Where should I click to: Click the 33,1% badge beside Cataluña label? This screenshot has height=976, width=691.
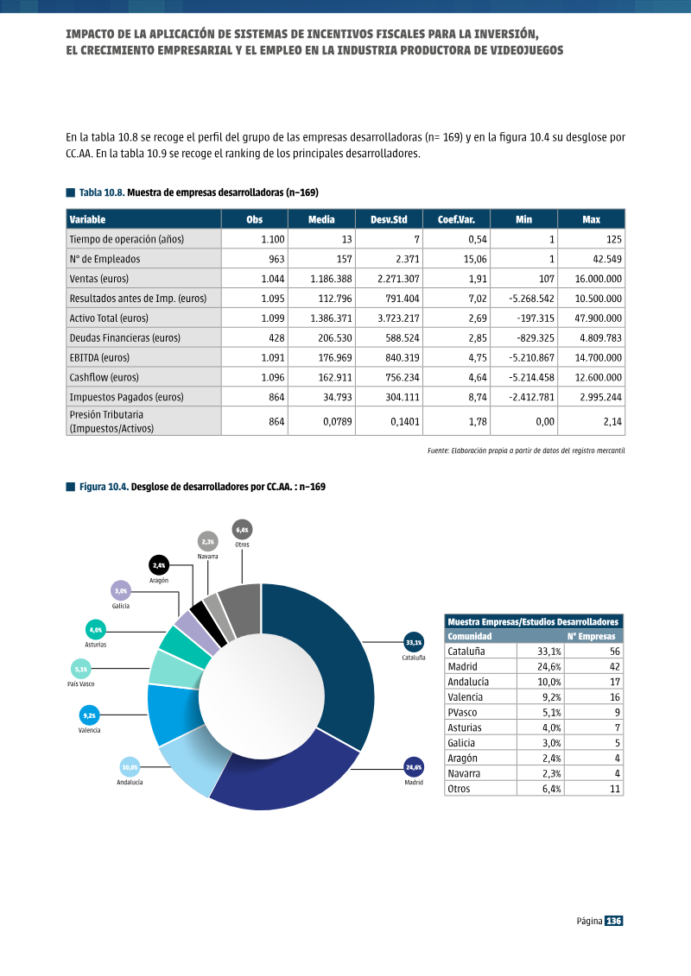(x=414, y=642)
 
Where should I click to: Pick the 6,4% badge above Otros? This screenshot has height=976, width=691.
(x=243, y=530)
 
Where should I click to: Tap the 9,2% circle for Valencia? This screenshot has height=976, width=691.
(x=89, y=715)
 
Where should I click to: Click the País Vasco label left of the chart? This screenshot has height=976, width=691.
(x=81, y=684)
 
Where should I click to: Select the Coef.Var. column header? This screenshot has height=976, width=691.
(x=456, y=219)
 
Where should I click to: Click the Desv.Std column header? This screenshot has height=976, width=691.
(x=389, y=219)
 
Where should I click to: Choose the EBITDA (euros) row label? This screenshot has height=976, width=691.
(x=99, y=357)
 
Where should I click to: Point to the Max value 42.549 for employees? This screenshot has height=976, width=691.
(x=607, y=259)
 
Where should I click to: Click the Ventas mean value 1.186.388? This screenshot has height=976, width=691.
(x=331, y=279)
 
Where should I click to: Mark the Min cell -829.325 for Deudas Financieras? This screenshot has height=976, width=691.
(x=531, y=338)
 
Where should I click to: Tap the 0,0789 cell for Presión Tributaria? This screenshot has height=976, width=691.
(x=337, y=421)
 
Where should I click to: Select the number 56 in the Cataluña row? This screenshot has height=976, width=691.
(x=615, y=651)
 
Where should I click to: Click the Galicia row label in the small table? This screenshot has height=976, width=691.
(x=461, y=743)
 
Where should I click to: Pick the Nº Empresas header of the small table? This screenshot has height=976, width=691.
(x=591, y=636)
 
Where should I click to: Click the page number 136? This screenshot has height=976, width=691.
(x=614, y=921)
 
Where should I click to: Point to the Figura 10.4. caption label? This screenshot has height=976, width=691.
(x=104, y=487)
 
